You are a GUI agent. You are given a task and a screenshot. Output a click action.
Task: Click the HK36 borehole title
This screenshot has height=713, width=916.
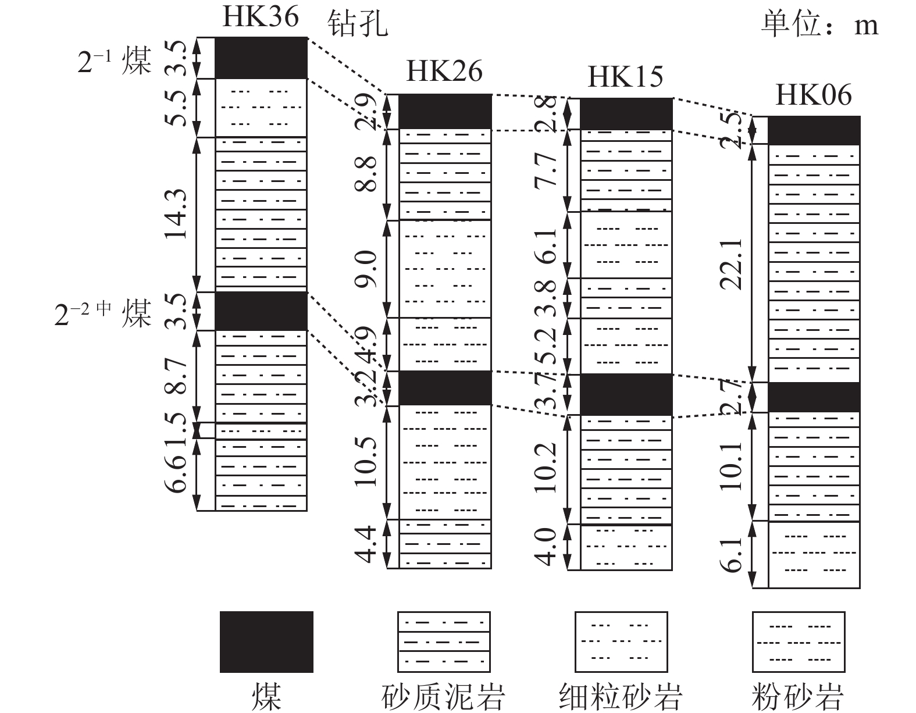[261, 17]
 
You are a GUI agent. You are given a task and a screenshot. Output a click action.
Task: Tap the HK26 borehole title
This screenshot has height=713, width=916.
[444, 71]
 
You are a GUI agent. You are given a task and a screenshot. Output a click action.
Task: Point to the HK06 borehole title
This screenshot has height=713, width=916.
[814, 95]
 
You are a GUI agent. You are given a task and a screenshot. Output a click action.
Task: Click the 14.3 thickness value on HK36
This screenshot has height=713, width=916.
[176, 214]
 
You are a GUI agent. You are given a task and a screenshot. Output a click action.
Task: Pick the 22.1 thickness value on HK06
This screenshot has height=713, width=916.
[730, 264]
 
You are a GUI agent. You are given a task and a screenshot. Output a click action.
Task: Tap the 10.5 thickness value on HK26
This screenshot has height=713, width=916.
[366, 462]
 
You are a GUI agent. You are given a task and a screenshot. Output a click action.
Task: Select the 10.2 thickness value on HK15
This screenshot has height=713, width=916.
[546, 468]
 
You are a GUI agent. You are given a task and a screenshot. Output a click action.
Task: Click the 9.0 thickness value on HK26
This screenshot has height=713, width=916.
[366, 269]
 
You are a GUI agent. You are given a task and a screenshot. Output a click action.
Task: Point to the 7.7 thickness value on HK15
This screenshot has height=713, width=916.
[546, 169]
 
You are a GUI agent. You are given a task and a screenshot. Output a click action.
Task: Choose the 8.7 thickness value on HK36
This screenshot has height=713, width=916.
[176, 376]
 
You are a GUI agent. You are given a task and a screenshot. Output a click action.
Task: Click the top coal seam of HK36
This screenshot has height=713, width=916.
[261, 58]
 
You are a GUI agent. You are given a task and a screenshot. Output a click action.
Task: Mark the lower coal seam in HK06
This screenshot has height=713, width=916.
[814, 397]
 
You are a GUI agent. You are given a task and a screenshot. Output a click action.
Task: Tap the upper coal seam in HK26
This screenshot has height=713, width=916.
[445, 112]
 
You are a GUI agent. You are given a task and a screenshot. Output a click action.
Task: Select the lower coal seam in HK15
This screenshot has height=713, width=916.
[626, 394]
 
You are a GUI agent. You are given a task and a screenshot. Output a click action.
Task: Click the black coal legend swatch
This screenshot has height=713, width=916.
[266, 642]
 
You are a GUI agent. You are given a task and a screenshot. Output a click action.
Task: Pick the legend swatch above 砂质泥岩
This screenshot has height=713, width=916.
[444, 642]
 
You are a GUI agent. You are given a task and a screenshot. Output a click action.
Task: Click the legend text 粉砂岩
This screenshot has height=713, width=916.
[798, 697]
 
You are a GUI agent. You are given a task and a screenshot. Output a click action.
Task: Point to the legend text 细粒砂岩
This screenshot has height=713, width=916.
[621, 697]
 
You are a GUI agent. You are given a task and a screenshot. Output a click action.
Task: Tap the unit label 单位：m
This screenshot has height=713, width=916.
[820, 24]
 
